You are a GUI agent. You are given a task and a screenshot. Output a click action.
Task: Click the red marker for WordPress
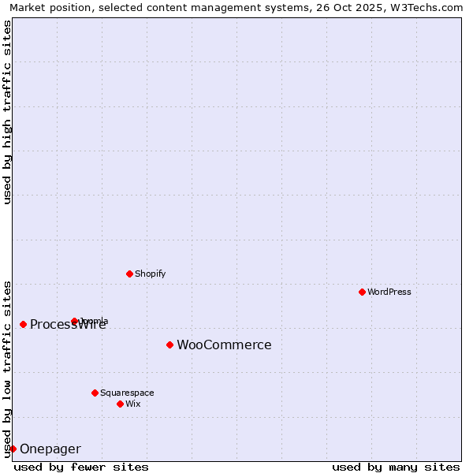point(362,292)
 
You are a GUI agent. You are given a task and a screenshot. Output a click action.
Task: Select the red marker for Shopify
point(129,274)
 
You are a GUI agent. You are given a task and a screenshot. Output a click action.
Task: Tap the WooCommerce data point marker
point(169,345)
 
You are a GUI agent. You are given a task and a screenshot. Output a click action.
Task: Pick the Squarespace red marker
point(95,393)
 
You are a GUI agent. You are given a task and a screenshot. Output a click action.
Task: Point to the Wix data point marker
point(120,404)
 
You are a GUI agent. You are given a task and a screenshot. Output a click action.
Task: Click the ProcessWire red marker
point(23,324)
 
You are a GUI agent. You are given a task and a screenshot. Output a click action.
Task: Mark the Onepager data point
point(13,449)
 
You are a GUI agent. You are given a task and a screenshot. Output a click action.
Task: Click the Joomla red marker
point(74,321)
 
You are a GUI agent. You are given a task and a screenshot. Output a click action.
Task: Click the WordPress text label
point(389,292)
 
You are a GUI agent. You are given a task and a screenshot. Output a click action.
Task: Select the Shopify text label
point(151,274)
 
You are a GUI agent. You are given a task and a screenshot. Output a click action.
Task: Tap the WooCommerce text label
point(224,345)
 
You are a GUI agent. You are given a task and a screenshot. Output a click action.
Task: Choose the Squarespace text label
point(127,393)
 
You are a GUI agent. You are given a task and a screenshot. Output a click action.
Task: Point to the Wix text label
point(133,404)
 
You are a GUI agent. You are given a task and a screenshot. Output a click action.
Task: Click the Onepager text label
point(50,449)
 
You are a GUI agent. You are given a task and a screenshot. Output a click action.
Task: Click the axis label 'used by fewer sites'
point(81,467)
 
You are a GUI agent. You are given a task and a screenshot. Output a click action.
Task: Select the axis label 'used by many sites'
point(396,467)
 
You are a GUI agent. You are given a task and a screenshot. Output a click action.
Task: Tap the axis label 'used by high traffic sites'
point(8,112)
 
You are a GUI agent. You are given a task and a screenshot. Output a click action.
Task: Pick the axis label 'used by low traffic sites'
point(8,368)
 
